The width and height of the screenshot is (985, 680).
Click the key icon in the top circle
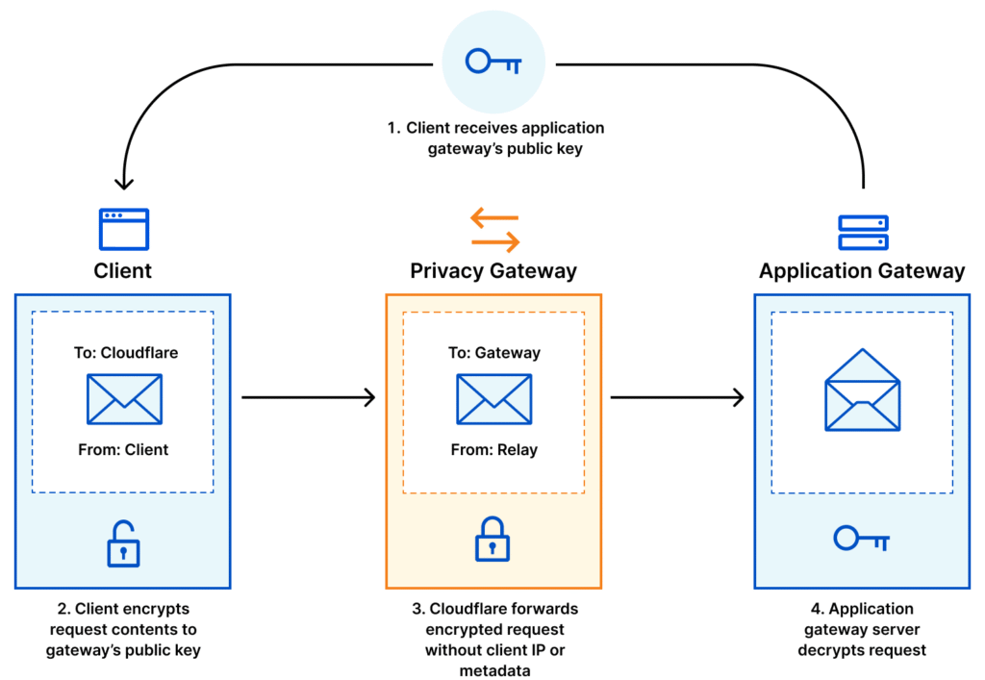(493, 63)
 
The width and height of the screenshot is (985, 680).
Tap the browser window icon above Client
(123, 230)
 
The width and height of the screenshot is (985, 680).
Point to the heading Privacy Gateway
(493, 271)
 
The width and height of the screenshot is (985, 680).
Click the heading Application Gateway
(862, 271)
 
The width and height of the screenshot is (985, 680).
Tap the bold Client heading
(123, 271)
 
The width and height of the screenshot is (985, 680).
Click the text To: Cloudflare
(126, 353)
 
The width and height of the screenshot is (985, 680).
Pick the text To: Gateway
(493, 353)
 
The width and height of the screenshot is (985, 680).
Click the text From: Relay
(492, 449)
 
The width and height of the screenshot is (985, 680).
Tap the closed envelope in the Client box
(124, 399)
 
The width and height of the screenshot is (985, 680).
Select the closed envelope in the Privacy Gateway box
(493, 399)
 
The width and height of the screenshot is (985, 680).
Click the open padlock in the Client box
(123, 543)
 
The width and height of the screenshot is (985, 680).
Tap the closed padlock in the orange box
(492, 541)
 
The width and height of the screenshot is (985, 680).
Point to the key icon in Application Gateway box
(862, 539)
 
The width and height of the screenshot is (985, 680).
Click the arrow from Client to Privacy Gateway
(308, 397)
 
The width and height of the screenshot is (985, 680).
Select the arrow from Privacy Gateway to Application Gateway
(677, 397)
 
